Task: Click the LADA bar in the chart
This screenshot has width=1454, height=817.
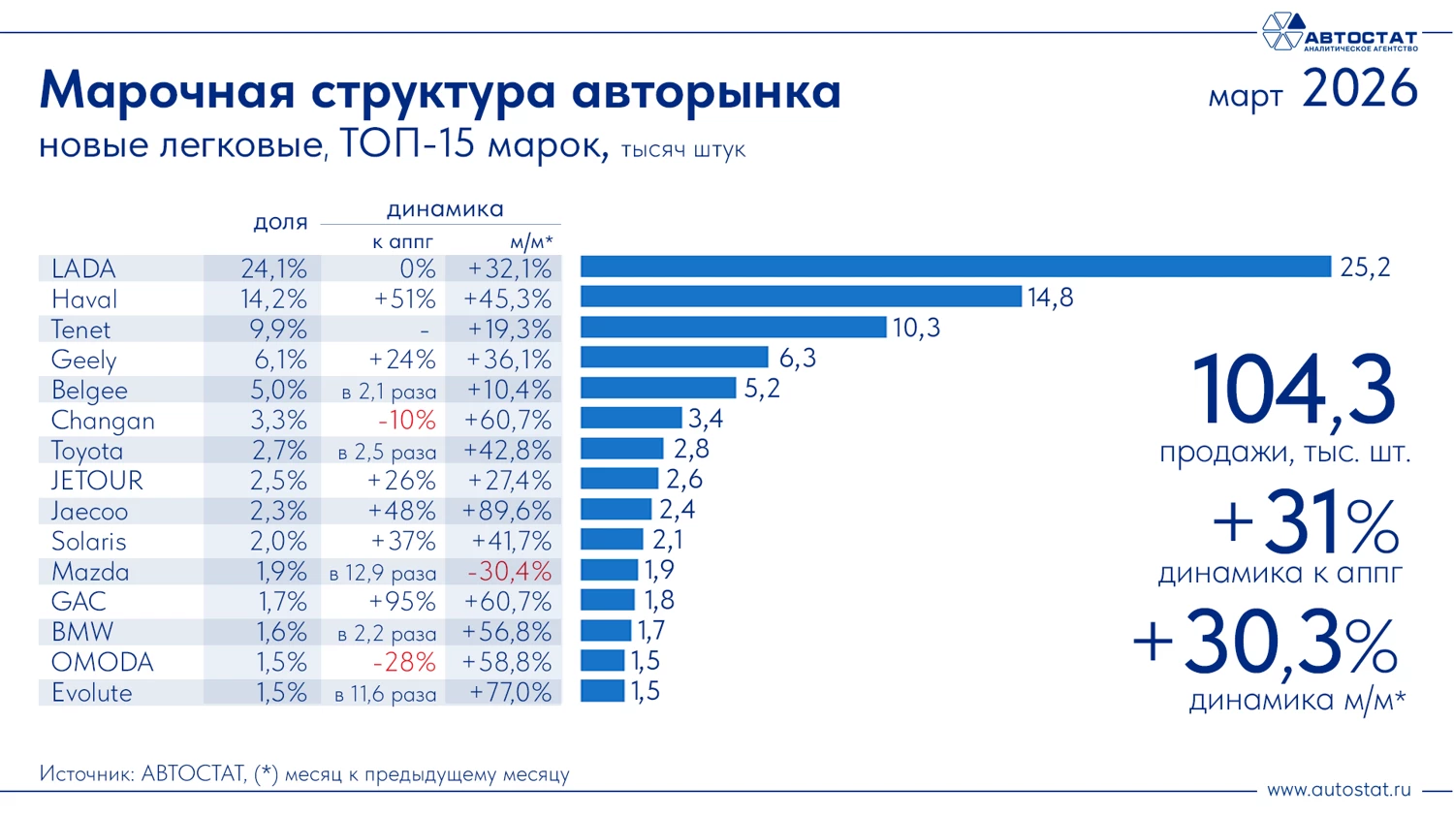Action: point(955,267)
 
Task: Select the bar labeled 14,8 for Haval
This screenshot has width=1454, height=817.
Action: point(801,297)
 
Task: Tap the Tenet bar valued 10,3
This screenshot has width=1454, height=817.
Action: point(733,328)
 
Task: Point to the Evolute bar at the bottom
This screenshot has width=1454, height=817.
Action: point(602,691)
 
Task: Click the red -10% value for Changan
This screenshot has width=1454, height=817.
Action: point(406,421)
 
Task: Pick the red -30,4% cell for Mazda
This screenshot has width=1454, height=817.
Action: point(509,572)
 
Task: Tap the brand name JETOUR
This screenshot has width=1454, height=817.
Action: point(97,481)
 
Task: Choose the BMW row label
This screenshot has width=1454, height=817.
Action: point(82,632)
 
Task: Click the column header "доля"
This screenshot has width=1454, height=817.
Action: point(280,222)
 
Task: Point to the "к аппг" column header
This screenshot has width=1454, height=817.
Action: point(402,241)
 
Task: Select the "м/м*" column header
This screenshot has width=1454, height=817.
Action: point(530,241)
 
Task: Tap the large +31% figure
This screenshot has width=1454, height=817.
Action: point(1305,524)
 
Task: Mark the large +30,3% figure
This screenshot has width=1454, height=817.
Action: point(1265,644)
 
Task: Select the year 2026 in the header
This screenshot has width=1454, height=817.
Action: point(1359,89)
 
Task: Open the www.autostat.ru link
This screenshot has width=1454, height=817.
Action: point(1339,790)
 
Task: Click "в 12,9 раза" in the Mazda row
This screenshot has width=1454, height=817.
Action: point(383,574)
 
